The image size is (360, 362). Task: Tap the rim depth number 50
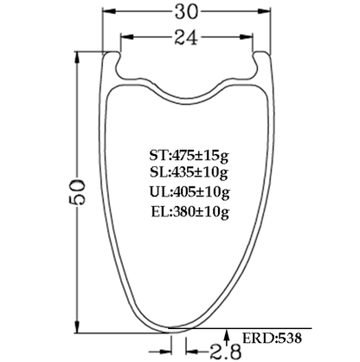click(x=75, y=187)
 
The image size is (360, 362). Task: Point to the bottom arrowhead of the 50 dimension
click(x=75, y=324)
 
